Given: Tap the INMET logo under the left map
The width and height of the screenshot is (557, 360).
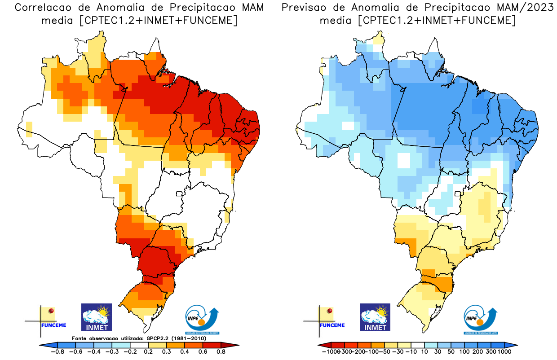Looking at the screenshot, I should [97, 317].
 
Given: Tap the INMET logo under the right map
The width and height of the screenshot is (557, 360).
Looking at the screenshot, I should [375, 317].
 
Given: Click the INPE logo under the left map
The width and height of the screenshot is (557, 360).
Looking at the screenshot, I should [203, 320].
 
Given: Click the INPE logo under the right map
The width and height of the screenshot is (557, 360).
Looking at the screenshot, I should [481, 320].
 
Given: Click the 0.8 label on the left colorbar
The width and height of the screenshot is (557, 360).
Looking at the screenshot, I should [221, 352].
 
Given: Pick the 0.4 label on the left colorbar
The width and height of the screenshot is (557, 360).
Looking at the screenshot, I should [184, 352].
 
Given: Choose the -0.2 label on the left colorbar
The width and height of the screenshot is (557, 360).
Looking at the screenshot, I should [130, 352].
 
